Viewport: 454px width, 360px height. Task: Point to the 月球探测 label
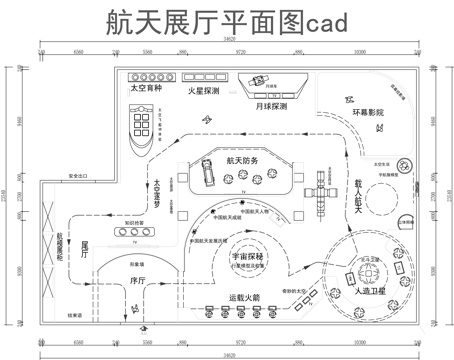click(268, 104)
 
